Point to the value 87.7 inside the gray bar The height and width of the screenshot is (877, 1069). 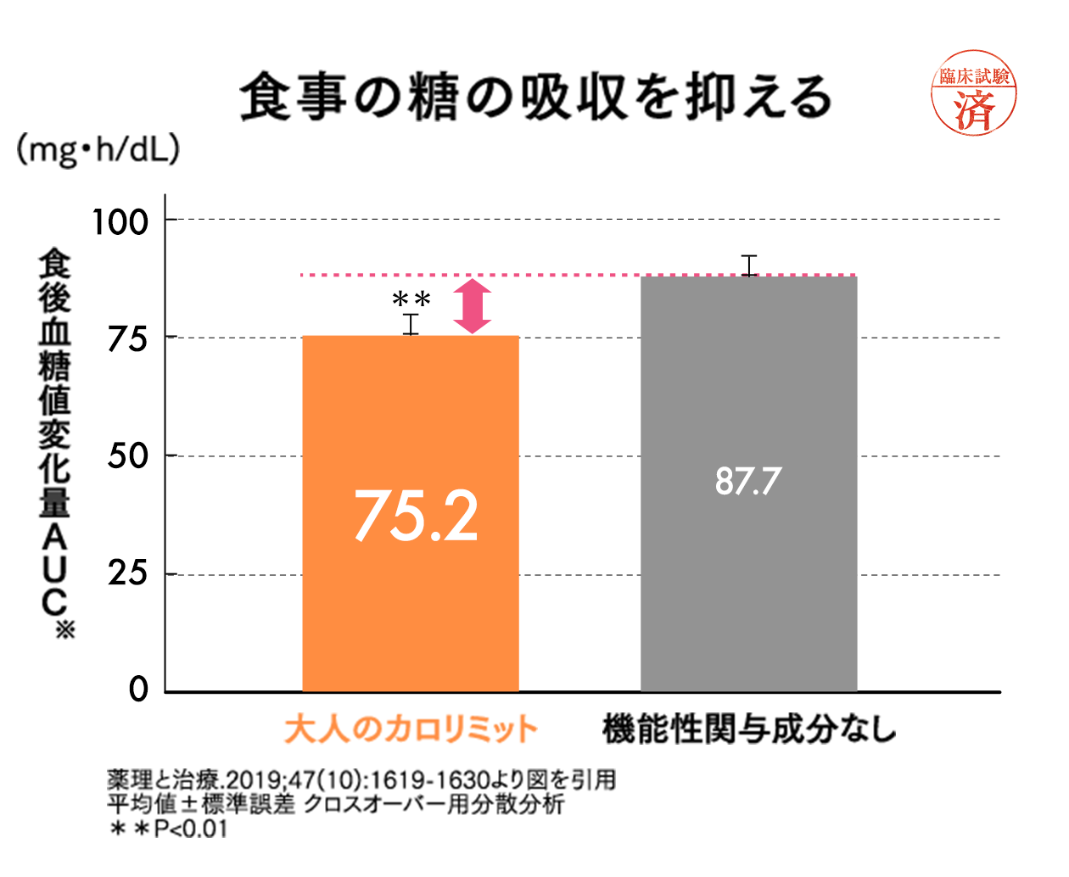click(x=747, y=481)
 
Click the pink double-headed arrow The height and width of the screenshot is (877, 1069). click(x=473, y=306)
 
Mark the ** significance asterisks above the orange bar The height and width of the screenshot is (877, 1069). click(x=411, y=299)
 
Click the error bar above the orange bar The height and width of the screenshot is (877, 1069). click(x=411, y=324)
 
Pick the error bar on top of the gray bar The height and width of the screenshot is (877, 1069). click(x=748, y=265)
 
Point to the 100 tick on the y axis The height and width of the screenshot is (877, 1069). click(x=120, y=222)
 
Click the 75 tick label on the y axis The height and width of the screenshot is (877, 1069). click(x=127, y=339)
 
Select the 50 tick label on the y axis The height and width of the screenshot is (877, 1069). click(x=127, y=456)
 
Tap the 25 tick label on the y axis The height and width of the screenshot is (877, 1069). click(x=127, y=574)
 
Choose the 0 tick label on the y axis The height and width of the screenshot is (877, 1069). click(x=138, y=690)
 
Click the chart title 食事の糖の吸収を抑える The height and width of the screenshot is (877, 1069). click(x=535, y=97)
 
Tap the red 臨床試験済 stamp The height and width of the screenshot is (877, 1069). click(x=974, y=93)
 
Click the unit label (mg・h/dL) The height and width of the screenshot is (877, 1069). click(x=98, y=150)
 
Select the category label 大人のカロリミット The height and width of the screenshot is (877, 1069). click(x=411, y=729)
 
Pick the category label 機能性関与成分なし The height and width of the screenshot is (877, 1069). click(x=749, y=729)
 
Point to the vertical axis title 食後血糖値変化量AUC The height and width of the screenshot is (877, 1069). click(x=54, y=441)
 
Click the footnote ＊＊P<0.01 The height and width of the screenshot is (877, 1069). click(x=169, y=829)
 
